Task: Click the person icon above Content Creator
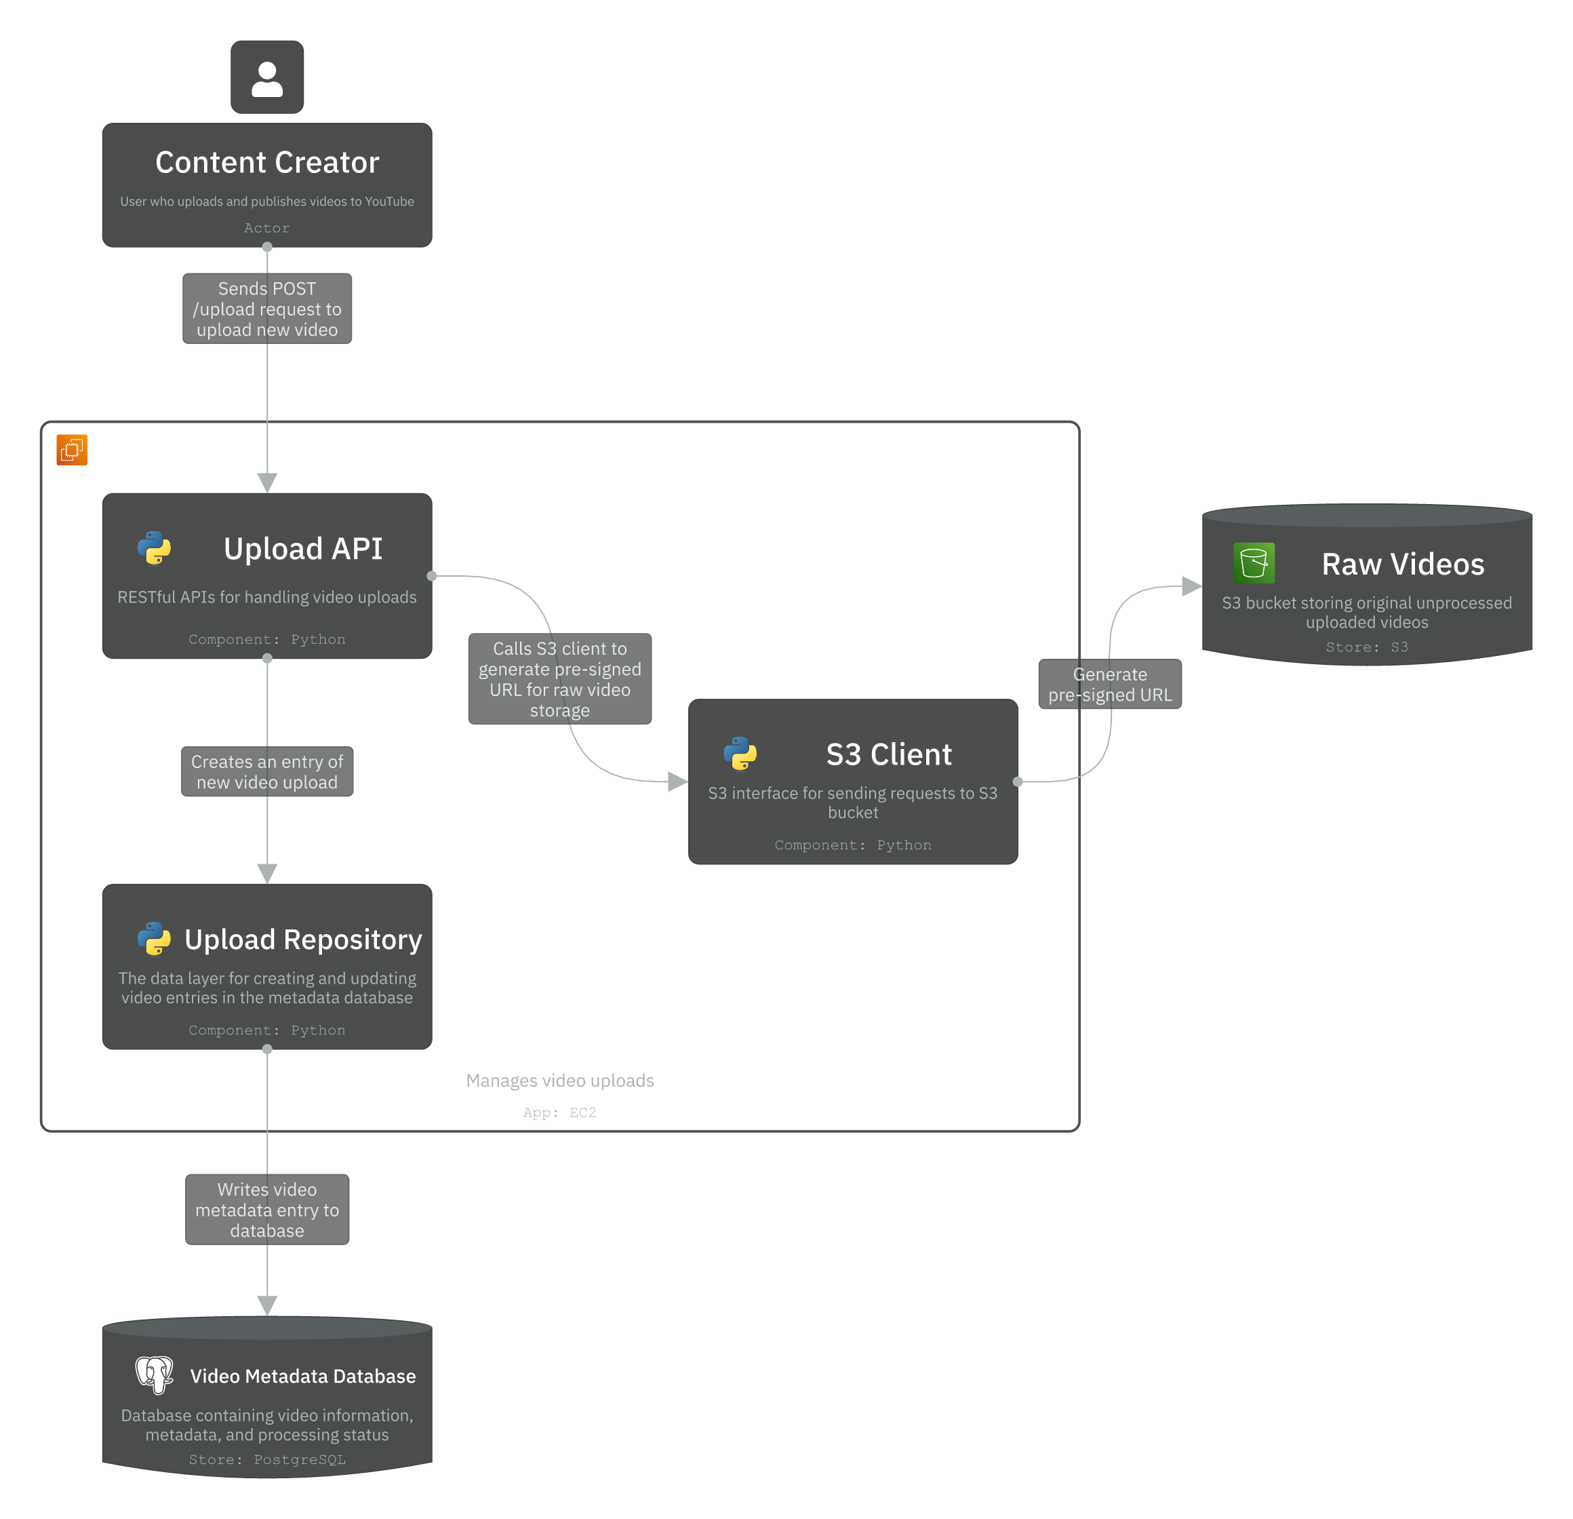click(x=266, y=78)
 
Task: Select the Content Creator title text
click(x=266, y=163)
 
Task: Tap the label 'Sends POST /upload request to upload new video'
click(x=266, y=309)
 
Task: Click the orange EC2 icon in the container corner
click(x=71, y=450)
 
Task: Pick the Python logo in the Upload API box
click(x=154, y=548)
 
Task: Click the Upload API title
click(x=302, y=549)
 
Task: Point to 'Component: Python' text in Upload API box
click(x=266, y=639)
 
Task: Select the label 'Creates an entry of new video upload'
click(x=266, y=771)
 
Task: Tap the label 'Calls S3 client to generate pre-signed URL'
click(x=559, y=679)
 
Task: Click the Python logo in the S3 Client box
click(x=740, y=754)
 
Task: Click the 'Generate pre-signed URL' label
click(x=1109, y=685)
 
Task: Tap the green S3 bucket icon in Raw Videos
click(x=1253, y=564)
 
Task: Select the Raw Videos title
click(x=1402, y=564)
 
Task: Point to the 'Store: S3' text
click(x=1366, y=647)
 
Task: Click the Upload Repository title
click(x=302, y=940)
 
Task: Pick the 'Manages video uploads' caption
click(x=559, y=1081)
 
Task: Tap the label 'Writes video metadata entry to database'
click(x=266, y=1210)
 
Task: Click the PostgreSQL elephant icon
click(x=154, y=1375)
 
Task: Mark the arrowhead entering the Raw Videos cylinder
click(x=1191, y=587)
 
